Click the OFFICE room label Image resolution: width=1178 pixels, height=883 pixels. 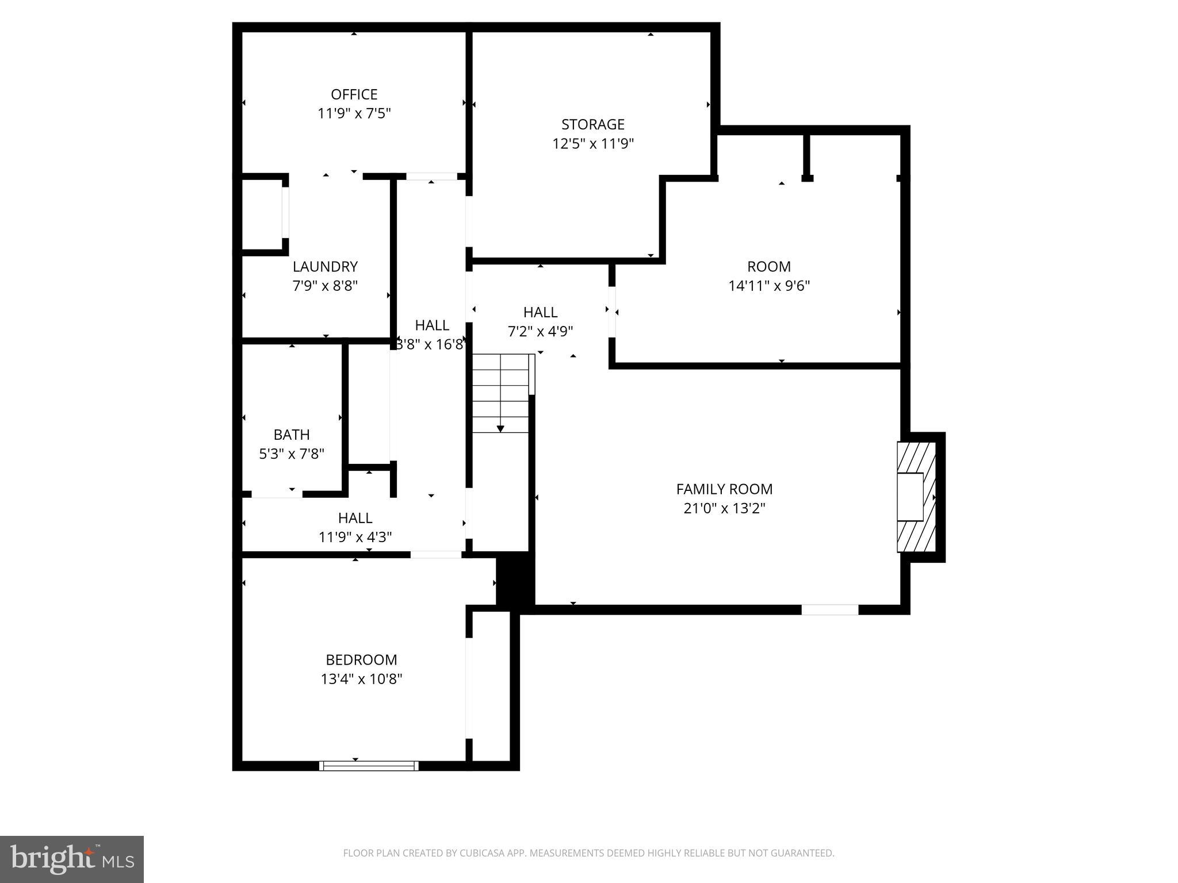[354, 94]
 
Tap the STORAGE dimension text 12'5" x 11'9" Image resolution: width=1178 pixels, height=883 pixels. [592, 143]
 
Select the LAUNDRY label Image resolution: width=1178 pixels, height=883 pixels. [325, 267]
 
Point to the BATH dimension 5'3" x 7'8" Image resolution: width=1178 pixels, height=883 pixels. [292, 454]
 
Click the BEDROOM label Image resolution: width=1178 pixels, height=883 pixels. [361, 659]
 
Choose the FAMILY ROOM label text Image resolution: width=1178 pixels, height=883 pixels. [724, 489]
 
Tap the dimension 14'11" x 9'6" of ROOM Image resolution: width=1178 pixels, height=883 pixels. [769, 286]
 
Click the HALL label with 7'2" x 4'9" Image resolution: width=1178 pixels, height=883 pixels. [540, 312]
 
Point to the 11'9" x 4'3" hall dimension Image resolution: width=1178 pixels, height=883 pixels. [355, 537]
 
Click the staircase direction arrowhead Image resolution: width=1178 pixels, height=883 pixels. [500, 429]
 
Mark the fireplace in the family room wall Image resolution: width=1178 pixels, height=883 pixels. [916, 497]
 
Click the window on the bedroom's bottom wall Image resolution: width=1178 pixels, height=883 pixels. [369, 766]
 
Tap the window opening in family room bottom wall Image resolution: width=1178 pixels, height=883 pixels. [829, 610]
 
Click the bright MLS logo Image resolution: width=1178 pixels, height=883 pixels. [71, 859]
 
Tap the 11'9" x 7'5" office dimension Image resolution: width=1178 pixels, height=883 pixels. [354, 113]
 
